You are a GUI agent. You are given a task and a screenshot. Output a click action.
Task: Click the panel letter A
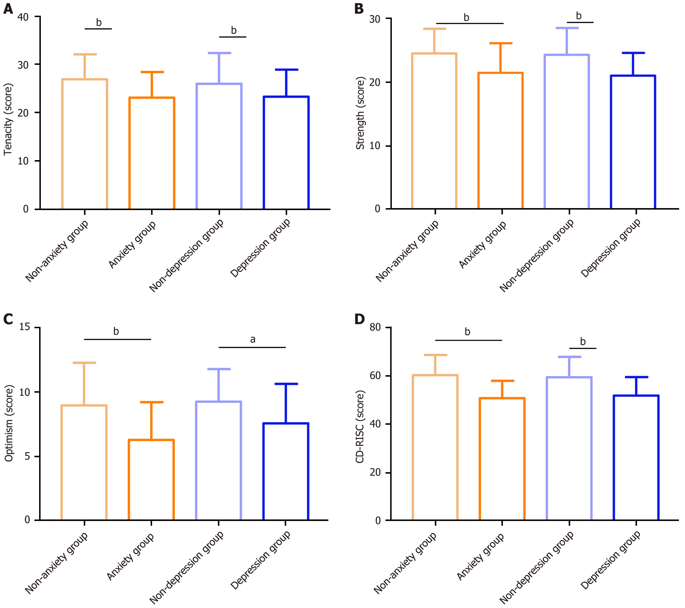tap(8, 9)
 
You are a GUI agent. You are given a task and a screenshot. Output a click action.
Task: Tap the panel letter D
tap(359, 319)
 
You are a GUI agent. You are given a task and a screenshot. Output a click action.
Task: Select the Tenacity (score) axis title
tap(8, 120)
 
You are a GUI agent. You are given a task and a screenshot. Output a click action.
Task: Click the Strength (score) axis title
tap(360, 113)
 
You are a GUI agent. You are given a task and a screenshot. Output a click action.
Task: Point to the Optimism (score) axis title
tap(9, 423)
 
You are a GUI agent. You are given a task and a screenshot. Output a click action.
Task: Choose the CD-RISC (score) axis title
tap(360, 427)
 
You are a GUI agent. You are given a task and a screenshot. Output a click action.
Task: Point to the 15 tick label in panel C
tap(24, 327)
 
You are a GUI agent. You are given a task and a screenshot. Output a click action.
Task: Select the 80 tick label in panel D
tap(375, 327)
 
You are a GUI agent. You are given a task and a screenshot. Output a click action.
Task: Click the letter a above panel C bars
tap(253, 339)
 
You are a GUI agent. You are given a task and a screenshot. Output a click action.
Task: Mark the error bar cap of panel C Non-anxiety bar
tap(84, 363)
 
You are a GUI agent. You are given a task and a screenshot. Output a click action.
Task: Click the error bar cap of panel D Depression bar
tap(636, 377)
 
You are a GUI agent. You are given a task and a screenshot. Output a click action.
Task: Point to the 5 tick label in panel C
tap(27, 456)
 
